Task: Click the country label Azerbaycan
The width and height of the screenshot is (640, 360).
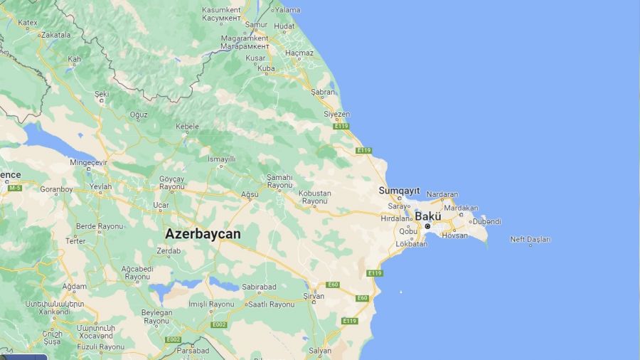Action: click(203, 233)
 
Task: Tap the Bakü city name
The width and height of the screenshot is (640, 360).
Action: click(428, 216)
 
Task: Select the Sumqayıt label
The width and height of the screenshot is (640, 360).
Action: click(399, 191)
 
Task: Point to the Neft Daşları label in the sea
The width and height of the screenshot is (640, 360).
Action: click(530, 239)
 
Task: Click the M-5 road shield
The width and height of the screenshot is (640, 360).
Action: click(14, 188)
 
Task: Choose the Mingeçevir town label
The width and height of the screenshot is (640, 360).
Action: click(88, 162)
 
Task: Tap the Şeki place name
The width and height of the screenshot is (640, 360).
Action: click(102, 93)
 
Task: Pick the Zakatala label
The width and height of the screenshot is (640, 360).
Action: click(56, 34)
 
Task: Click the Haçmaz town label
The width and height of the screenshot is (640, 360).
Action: click(299, 53)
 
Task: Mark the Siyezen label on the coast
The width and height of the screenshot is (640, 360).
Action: click(336, 114)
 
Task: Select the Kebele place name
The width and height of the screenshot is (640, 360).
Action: click(187, 127)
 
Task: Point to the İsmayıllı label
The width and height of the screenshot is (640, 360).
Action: click(221, 159)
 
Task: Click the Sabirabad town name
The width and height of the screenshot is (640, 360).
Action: click(259, 287)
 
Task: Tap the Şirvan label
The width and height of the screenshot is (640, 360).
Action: click(313, 296)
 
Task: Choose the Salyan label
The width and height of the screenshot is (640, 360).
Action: click(320, 350)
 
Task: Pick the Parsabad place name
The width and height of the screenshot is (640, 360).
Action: click(193, 350)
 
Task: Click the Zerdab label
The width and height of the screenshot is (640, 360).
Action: click(168, 251)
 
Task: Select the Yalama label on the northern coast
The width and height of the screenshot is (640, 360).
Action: click(287, 10)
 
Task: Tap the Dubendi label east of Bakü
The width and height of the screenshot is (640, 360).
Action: click(486, 221)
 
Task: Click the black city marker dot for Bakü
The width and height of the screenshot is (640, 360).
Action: click(427, 226)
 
